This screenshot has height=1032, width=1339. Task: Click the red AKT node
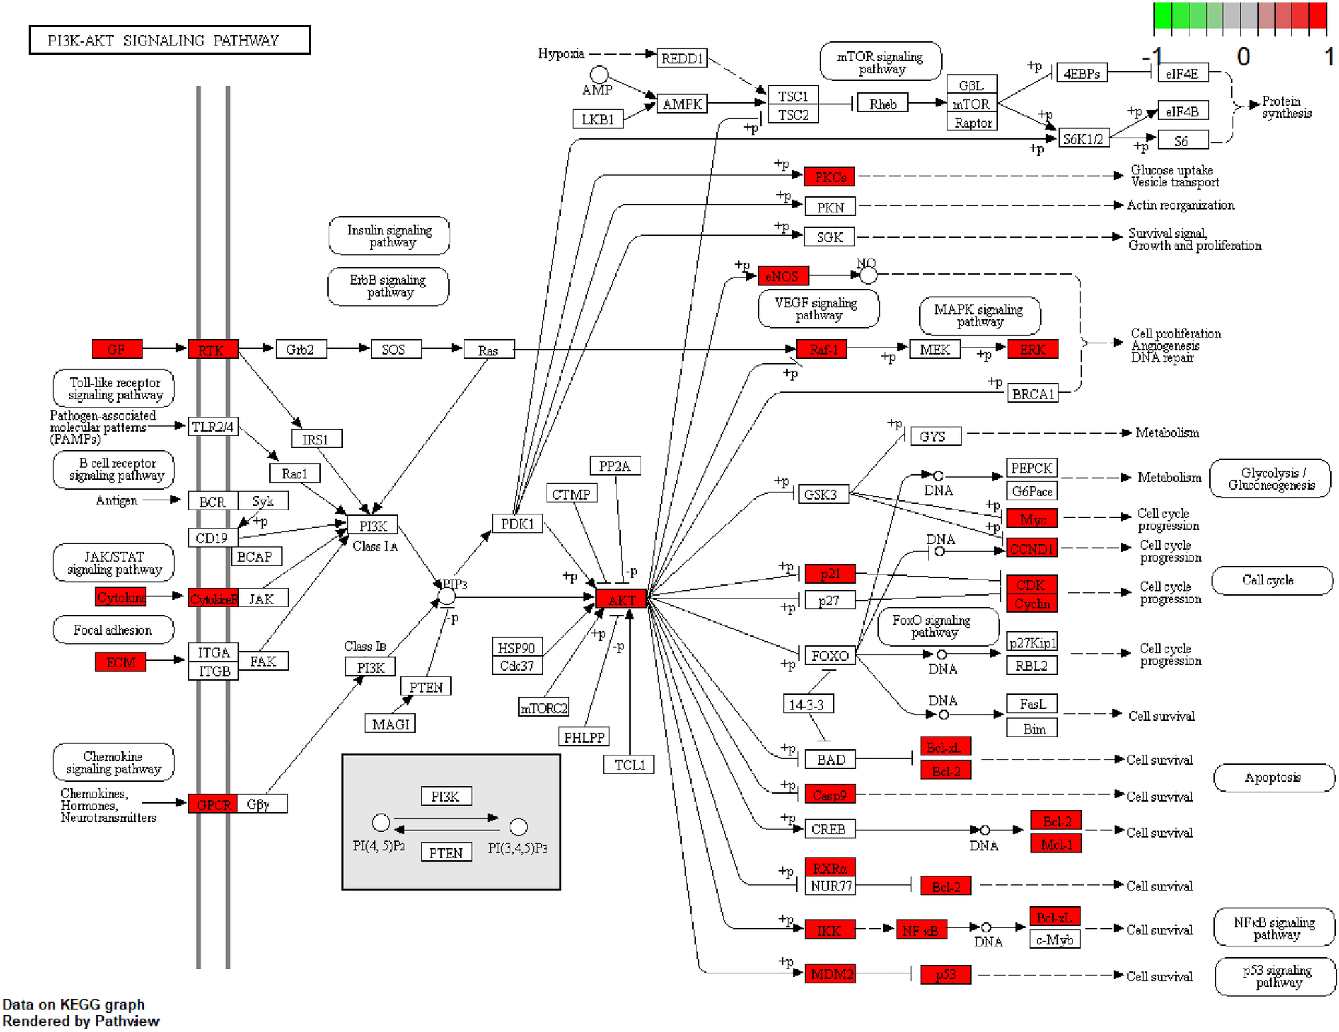click(x=621, y=599)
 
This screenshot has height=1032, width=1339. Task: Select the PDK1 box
click(x=517, y=524)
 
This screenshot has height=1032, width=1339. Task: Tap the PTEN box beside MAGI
click(x=426, y=687)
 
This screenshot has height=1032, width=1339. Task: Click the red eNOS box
click(x=783, y=276)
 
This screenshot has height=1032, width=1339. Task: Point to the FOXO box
click(x=829, y=655)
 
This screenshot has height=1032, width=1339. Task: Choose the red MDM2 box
click(x=829, y=974)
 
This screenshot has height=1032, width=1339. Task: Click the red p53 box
click(x=945, y=974)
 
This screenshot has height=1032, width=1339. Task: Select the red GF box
click(x=117, y=349)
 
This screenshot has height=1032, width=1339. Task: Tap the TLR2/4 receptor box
click(x=212, y=427)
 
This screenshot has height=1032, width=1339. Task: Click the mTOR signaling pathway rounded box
click(x=880, y=62)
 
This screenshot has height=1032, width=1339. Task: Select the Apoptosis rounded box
click(x=1273, y=777)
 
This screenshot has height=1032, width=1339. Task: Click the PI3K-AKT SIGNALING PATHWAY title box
click(x=169, y=40)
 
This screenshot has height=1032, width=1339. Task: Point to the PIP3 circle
click(x=447, y=596)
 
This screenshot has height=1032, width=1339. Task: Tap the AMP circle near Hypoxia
click(x=599, y=74)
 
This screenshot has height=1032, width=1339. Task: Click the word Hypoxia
click(x=561, y=53)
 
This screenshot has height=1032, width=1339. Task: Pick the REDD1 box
click(x=682, y=59)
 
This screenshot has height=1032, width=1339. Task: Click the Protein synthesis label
click(x=1286, y=107)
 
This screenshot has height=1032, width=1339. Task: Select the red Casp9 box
click(x=829, y=794)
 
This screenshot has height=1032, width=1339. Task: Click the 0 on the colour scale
click(x=1243, y=57)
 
